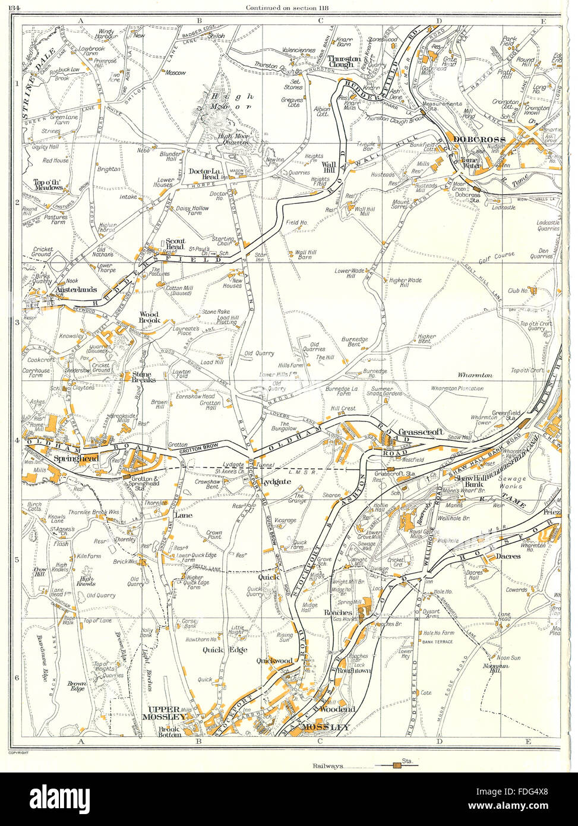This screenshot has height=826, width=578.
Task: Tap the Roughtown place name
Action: pyautogui.click(x=354, y=670)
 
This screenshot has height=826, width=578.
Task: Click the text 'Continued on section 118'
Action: pyautogui.click(x=289, y=7)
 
